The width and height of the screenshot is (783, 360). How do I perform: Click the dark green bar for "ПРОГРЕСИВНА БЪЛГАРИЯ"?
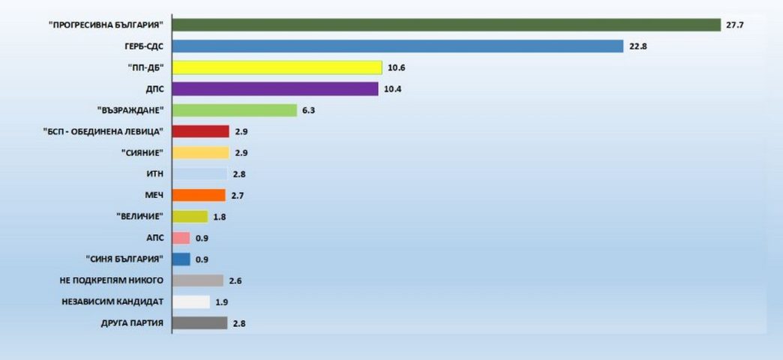coord(446,25)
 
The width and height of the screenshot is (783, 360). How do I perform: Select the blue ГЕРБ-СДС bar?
coord(397,46)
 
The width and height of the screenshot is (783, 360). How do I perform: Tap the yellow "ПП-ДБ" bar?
coord(277,67)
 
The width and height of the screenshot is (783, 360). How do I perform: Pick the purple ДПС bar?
coord(274,89)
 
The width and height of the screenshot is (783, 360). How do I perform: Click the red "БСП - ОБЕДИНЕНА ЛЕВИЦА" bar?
coord(200,132)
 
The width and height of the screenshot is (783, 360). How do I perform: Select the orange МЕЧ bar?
coord(198,196)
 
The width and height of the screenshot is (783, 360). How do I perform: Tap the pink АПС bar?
coord(181,238)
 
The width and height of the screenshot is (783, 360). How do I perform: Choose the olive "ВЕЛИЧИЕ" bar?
coord(190,217)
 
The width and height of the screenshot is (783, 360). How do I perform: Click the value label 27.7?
coord(734,25)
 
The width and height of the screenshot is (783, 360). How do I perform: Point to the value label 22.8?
coord(638,46)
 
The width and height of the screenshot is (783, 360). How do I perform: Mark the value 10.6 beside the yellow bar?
coord(397,67)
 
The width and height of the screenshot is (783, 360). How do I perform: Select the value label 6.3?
coord(309,110)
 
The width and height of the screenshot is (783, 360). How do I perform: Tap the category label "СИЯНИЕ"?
coord(141,153)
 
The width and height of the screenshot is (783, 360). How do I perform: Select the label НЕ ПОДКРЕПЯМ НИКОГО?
coord(112,280)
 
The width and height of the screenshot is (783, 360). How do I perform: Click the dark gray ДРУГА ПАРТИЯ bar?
coord(199,323)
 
